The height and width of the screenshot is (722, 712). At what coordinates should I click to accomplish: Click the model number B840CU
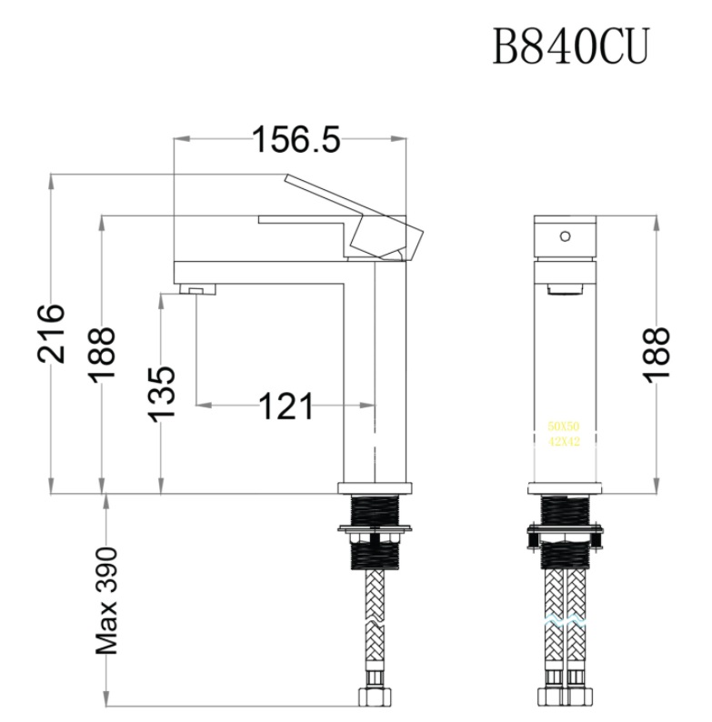pyautogui.click(x=571, y=46)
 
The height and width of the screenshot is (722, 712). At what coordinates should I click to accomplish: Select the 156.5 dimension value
pyautogui.click(x=295, y=140)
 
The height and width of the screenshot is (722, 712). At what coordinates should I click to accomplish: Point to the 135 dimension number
pyautogui.click(x=161, y=393)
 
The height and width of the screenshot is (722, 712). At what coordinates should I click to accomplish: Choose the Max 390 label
pyautogui.click(x=107, y=601)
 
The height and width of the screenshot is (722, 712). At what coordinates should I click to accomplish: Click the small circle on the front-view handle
pyautogui.click(x=565, y=236)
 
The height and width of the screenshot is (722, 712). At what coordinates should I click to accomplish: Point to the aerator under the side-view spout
pyautogui.click(x=201, y=290)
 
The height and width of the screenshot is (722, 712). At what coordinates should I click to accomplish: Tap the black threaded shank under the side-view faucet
pyautogui.click(x=375, y=509)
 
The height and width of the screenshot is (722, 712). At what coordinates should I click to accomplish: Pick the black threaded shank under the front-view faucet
pyautogui.click(x=565, y=509)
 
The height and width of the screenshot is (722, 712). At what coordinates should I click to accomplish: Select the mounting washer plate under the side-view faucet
pyautogui.click(x=375, y=527)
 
